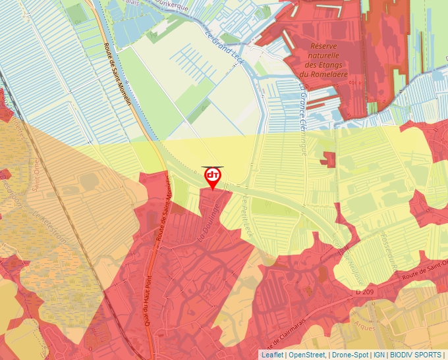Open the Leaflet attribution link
(272, 355)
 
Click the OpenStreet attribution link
(307, 355)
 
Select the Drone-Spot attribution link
(350, 355)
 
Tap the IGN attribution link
(379, 355)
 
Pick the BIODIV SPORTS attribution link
(416, 355)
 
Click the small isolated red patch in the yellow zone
(328, 159)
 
